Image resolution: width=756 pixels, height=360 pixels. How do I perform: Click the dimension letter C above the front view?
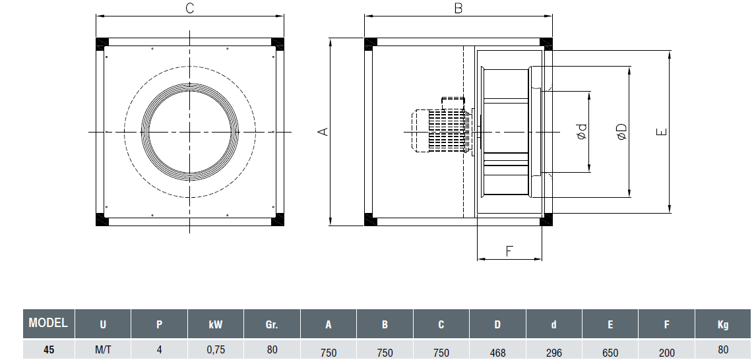click(189, 9)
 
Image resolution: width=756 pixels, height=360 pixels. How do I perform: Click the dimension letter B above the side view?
click(458, 9)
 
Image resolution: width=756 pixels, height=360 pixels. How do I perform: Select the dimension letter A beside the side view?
click(323, 132)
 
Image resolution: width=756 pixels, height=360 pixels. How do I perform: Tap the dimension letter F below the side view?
click(509, 251)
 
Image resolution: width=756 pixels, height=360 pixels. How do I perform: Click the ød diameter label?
click(581, 132)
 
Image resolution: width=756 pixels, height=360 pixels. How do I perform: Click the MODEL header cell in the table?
click(48, 323)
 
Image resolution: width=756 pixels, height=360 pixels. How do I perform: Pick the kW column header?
click(216, 324)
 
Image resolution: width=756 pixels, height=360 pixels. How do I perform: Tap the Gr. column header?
click(272, 324)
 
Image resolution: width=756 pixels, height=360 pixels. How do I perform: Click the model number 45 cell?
click(48, 350)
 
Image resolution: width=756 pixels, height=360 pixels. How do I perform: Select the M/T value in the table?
click(103, 350)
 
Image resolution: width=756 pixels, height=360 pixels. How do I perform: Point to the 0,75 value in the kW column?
click(216, 350)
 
